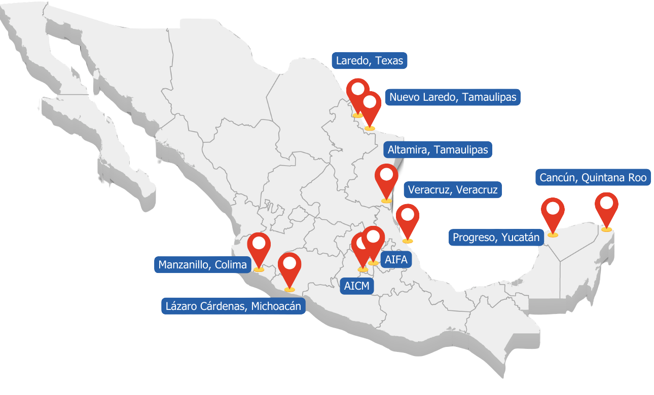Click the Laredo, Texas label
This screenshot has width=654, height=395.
point(370,61)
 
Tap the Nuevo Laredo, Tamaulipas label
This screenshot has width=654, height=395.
point(453,97)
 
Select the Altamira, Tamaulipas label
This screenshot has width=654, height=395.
point(438,150)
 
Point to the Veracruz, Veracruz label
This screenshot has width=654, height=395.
point(453,190)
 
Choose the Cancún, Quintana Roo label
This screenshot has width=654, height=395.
point(593,178)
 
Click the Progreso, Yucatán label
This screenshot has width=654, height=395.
point(496,237)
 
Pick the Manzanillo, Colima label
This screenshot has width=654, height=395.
point(202,264)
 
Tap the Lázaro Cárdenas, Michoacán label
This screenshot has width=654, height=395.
point(233,306)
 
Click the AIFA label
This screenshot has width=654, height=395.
point(395,260)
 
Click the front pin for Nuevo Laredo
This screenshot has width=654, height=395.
point(370,105)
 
